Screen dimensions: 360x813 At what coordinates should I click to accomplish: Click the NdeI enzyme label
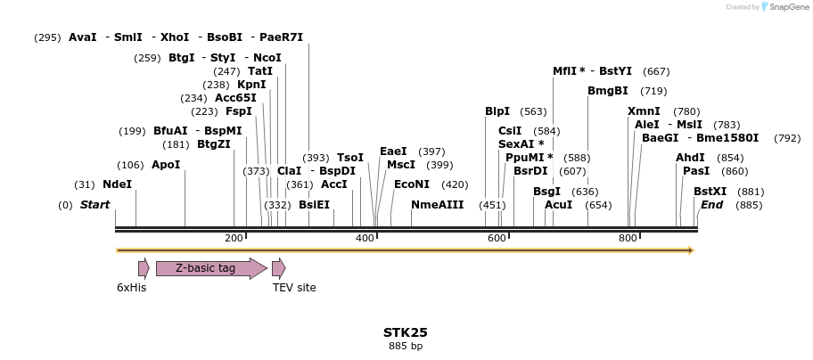[x=117, y=184]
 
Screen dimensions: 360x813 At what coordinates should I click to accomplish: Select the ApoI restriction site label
[x=166, y=165]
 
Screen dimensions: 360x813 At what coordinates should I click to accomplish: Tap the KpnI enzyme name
[x=251, y=85]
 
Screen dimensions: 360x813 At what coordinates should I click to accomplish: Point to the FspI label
[x=239, y=111]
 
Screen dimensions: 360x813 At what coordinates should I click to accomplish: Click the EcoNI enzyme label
[x=412, y=184]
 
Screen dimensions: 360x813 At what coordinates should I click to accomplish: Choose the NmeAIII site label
[x=437, y=205]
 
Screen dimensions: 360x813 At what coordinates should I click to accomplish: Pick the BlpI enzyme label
[x=497, y=111]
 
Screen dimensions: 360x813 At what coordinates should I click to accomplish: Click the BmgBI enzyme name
[x=608, y=91]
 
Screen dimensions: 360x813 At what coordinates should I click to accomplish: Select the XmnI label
[x=644, y=111]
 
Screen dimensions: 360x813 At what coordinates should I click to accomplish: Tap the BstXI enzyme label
[x=710, y=192]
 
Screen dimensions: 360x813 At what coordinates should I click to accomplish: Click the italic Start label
[x=94, y=205]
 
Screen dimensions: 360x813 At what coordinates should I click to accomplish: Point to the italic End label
[x=711, y=205]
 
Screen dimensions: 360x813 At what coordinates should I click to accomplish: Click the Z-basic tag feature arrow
[x=211, y=268]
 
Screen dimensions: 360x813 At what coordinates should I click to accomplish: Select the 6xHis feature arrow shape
[x=144, y=268]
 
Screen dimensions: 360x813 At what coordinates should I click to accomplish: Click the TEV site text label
[x=294, y=288]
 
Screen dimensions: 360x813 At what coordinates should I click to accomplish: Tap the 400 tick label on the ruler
[x=365, y=238]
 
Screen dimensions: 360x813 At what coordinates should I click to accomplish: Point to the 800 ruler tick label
[x=628, y=238]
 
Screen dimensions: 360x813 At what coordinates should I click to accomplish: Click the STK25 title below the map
[x=406, y=332]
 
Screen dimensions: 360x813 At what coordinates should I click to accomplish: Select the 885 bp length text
[x=406, y=346]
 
